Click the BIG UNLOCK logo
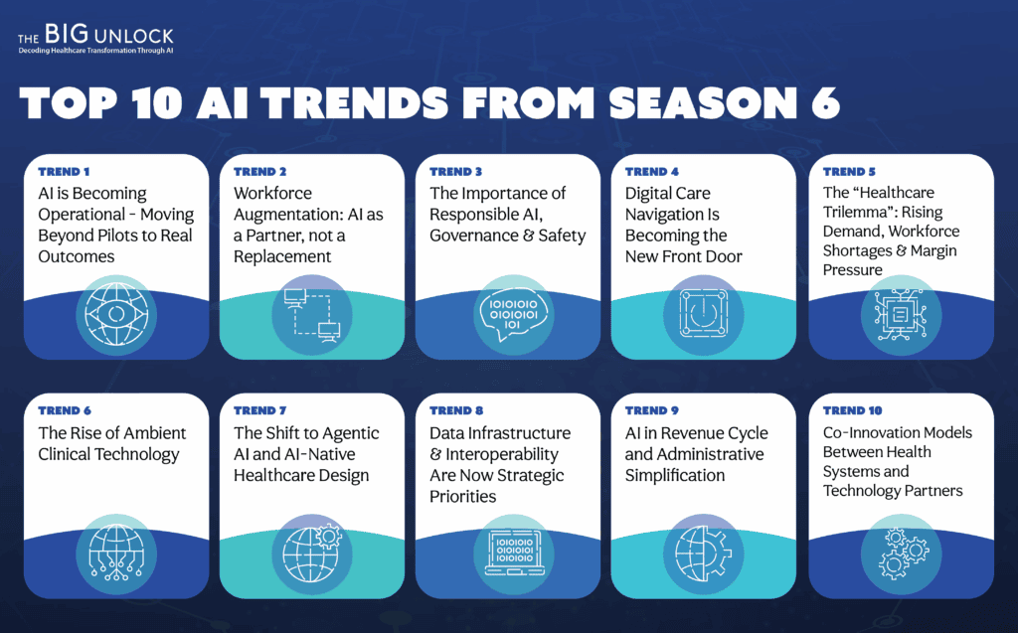point(95,39)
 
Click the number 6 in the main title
point(826,102)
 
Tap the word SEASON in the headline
point(703,102)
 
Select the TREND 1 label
point(64,171)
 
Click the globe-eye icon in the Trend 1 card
point(116,315)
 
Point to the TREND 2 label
point(259,171)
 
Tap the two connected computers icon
point(312,315)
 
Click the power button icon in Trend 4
point(703,314)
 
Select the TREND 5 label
point(849,171)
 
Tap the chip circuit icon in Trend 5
point(901,315)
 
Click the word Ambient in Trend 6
point(154,433)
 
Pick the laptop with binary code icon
point(514,554)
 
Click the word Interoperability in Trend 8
point(502,454)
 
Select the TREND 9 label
point(652,410)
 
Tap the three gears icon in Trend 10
point(903,554)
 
